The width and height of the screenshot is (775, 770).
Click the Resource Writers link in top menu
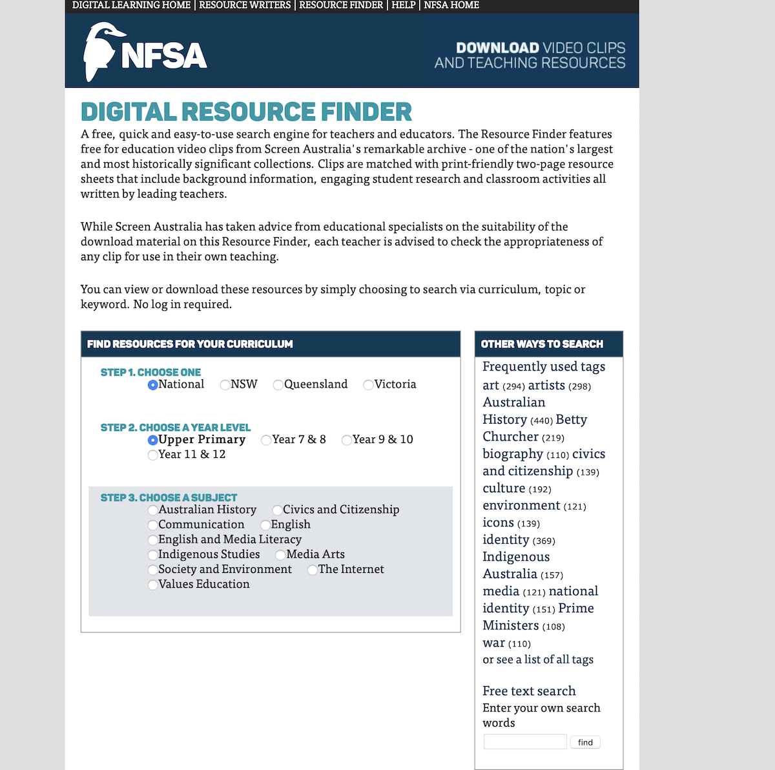245,5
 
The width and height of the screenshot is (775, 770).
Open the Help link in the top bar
404,5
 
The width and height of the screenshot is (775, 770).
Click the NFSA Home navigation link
451,5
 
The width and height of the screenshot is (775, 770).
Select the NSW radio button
225,385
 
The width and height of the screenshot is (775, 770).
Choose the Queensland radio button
278,385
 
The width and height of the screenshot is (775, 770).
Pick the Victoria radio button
369,385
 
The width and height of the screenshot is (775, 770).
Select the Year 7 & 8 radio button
266,440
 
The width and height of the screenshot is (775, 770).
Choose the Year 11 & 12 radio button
153,455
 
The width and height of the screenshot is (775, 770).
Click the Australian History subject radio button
153,510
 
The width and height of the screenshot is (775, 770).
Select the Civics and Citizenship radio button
278,510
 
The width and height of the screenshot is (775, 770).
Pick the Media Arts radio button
281,555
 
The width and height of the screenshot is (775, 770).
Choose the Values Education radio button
153,585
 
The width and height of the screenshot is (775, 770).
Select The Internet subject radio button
313,570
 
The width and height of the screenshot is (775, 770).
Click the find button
585,742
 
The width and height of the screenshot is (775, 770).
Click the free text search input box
525,742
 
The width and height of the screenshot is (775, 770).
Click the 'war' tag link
494,643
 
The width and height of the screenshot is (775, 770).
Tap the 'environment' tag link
521,505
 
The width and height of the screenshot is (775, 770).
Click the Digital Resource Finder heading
246,112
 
